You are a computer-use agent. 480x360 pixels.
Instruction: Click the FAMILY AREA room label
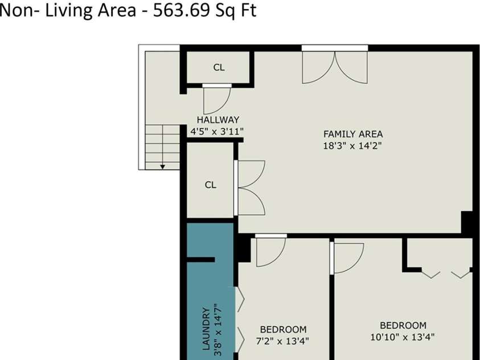point(353,134)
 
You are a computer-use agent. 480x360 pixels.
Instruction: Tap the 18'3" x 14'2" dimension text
point(352,145)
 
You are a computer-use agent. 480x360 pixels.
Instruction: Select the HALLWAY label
point(218,120)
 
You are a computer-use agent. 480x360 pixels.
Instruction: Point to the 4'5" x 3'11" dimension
point(217,132)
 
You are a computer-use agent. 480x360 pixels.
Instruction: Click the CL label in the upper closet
point(219,67)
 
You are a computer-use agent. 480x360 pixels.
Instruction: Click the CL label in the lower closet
point(210,185)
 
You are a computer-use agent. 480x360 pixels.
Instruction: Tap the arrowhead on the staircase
point(162,167)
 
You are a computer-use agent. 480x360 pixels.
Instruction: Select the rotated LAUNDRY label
point(206,329)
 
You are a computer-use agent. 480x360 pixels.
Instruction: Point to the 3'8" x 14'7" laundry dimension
point(218,330)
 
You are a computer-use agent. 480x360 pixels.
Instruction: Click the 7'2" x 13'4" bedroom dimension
point(282,341)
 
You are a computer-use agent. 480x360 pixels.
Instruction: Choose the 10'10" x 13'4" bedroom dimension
point(403,337)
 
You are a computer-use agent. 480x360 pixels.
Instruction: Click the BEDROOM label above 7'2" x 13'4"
point(283,329)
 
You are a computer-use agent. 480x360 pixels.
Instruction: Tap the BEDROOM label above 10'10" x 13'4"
point(403,325)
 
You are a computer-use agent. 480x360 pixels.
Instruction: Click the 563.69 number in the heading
point(181,10)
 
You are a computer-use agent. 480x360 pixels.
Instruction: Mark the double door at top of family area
point(335,64)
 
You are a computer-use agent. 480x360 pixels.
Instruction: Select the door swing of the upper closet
point(217,99)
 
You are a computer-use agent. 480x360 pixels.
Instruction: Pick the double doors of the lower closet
point(249,187)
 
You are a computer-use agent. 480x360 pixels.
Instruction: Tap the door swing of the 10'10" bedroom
point(347,258)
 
